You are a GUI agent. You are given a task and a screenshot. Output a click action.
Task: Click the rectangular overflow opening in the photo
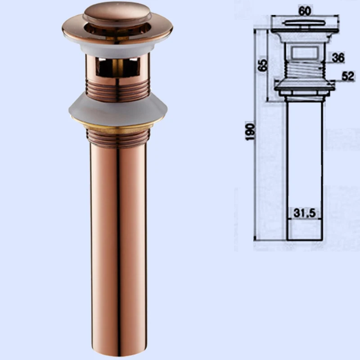pos(118,67)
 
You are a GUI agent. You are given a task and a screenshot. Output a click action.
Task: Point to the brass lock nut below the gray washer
pos(117,126)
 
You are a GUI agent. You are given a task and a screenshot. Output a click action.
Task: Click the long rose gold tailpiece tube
pos(118,251)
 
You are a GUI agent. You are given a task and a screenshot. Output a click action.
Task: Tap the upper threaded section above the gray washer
pos(118,90)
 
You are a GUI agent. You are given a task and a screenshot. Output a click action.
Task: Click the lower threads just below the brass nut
pos(118,138)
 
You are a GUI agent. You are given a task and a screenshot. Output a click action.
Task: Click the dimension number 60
pos(305,11)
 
